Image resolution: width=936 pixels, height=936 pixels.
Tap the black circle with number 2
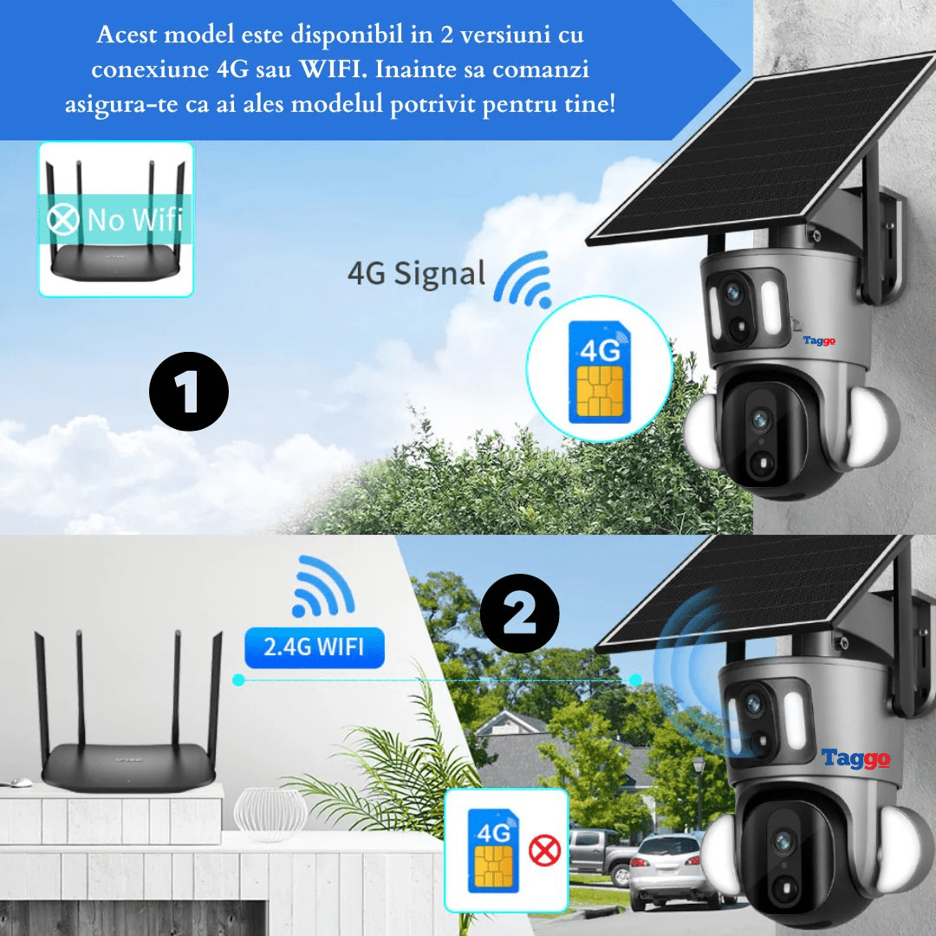point(519,614)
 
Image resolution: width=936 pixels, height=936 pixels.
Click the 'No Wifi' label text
point(134,219)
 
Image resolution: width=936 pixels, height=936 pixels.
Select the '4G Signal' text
point(416,274)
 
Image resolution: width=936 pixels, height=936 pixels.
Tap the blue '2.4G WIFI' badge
point(314,646)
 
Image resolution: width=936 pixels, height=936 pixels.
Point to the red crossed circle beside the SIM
point(544,851)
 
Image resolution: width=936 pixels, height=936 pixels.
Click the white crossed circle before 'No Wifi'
point(62,219)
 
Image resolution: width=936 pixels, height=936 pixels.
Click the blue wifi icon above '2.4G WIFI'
point(322,588)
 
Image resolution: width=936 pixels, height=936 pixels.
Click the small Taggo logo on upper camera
point(819,341)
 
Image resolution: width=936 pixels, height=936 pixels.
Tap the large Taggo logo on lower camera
point(855,759)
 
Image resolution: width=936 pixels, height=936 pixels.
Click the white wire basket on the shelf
point(270,813)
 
